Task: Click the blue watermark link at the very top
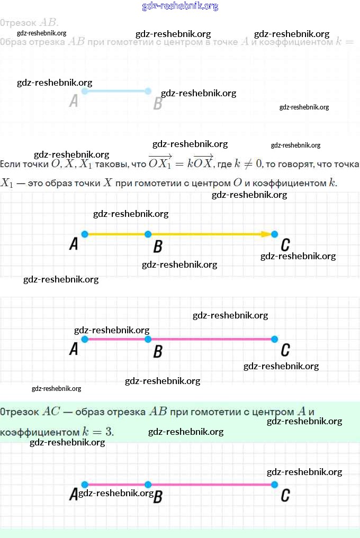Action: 180,6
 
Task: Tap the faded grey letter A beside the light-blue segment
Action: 74,101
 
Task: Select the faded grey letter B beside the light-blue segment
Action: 157,103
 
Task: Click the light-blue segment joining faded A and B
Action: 115,91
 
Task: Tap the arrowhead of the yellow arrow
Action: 266,234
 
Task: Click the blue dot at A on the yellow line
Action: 85,234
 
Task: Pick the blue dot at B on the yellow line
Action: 148,234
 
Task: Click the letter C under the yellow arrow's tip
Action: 285,245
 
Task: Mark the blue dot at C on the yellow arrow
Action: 274,234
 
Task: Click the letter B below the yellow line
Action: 157,247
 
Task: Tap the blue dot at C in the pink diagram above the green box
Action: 274,339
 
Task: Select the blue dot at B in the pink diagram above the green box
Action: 148,339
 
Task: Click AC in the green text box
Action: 52,412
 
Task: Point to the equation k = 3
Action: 98,432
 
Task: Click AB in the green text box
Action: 158,412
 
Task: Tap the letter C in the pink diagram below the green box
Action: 285,496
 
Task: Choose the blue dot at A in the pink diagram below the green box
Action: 85,485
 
